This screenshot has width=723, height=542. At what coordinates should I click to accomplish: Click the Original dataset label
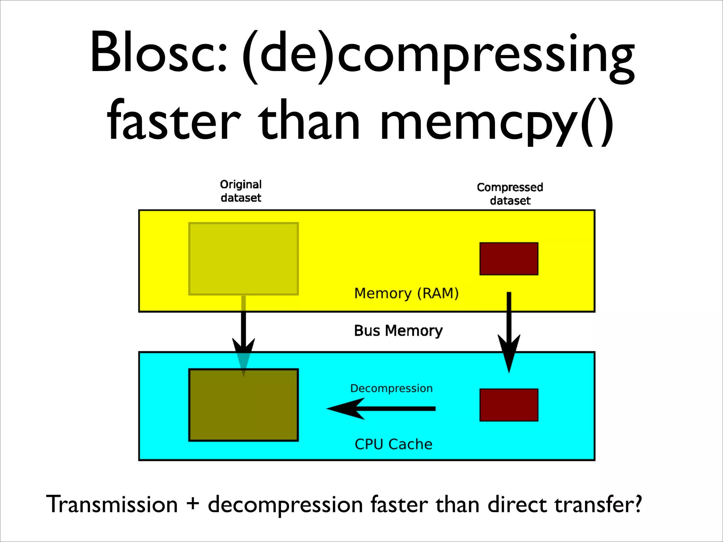coord(241,191)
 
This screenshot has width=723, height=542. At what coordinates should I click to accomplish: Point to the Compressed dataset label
coord(510,194)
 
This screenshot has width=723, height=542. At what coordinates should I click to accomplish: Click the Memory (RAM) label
coord(406,293)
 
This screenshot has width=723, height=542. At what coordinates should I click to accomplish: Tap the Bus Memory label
coord(398,331)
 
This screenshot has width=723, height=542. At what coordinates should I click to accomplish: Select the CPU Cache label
coord(393,444)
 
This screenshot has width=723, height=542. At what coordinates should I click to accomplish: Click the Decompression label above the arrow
coord(391,389)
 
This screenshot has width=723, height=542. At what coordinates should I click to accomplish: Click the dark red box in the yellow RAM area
coord(509,259)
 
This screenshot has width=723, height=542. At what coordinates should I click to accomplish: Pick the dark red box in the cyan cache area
coord(509,405)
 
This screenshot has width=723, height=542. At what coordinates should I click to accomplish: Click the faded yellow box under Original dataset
coord(244,259)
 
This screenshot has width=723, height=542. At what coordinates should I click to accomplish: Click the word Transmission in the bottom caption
coord(112,504)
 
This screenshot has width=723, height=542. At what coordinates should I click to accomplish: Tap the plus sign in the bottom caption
coord(193,504)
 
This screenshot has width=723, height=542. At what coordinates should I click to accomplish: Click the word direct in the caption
coord(518,504)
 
